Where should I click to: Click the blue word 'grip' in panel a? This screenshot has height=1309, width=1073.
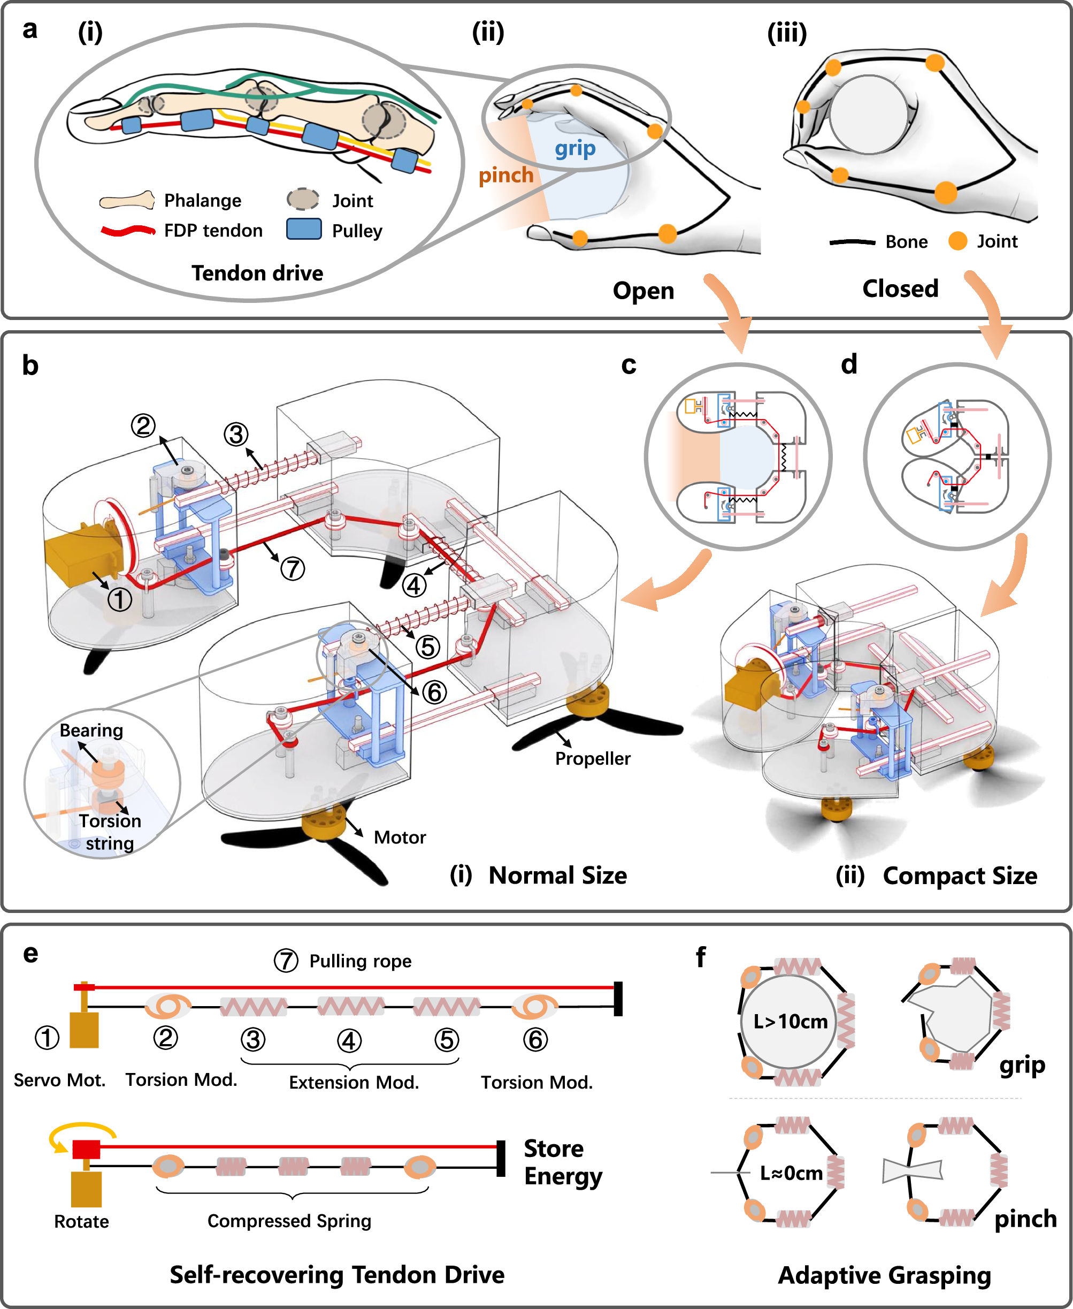(575, 149)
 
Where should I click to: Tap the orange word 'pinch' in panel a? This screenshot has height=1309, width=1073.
(505, 176)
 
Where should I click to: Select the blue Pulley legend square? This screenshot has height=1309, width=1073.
(303, 229)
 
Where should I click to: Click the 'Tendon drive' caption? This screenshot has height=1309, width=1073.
(257, 273)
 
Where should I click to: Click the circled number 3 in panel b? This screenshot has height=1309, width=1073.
(236, 435)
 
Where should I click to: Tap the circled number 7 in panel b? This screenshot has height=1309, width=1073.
(293, 568)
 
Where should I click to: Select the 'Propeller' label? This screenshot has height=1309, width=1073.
(592, 759)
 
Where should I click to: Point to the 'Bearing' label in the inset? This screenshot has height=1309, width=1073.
(91, 730)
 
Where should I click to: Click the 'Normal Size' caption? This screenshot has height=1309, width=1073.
(557, 876)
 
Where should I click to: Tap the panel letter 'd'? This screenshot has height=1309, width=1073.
(849, 364)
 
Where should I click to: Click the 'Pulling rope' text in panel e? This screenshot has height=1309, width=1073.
(360, 962)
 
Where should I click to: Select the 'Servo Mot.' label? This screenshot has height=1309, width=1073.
(59, 1080)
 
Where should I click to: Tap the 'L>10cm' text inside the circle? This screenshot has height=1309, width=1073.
(790, 1022)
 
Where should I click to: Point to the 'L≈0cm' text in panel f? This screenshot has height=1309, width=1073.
(791, 1173)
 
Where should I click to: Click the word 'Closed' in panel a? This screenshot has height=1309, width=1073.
(900, 289)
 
